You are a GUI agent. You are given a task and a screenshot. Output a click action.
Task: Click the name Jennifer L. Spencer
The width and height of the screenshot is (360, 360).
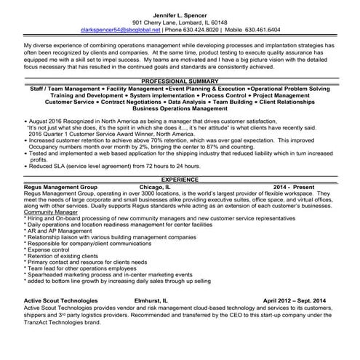click(x=180, y=15)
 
